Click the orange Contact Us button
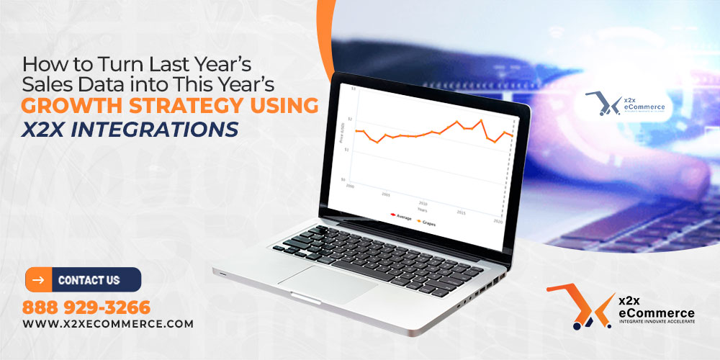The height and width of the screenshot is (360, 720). tap(84, 279)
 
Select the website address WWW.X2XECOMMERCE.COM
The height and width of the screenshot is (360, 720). tap(108, 324)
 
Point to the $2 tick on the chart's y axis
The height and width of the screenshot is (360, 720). tap(351, 118)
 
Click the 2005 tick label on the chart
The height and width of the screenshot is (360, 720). tap(386, 194)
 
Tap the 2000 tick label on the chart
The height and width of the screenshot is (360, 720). tap(350, 186)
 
